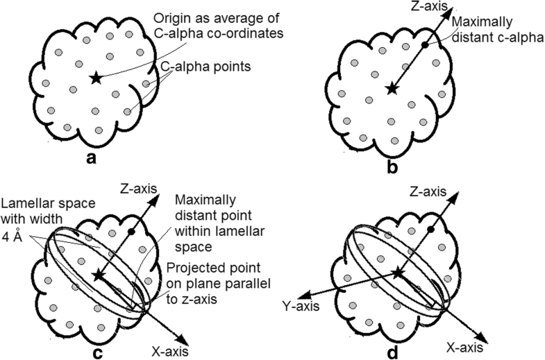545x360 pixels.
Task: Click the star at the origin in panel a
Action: tap(96, 78)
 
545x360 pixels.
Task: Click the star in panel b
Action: tap(393, 87)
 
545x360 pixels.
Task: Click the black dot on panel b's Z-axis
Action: tap(424, 44)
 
